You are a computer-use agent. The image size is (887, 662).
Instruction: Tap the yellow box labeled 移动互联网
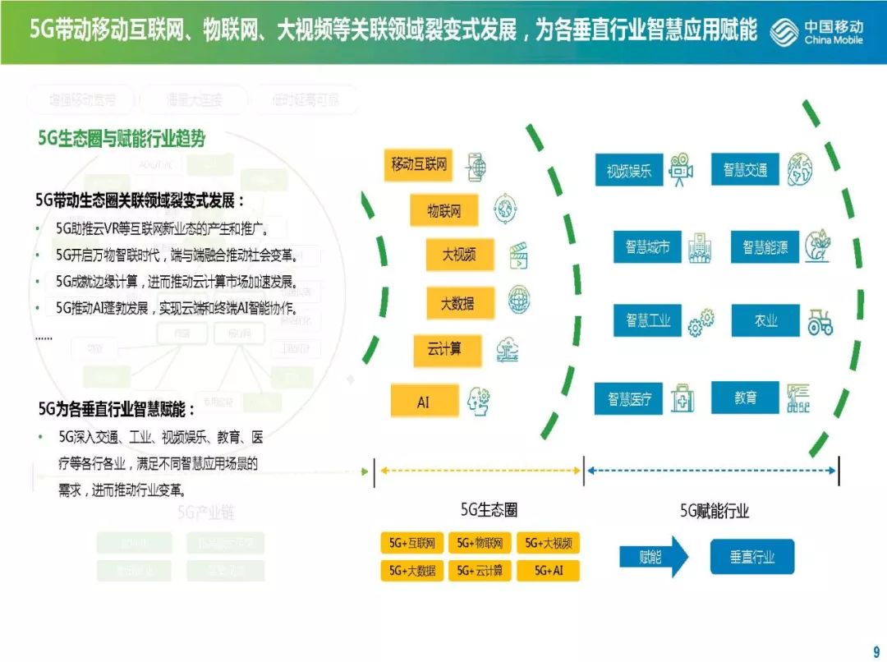[x=419, y=164]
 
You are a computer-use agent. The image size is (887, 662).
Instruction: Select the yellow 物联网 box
[x=444, y=211]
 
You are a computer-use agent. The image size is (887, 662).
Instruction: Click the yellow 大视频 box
[x=460, y=255]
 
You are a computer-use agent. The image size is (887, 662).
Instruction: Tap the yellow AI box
[x=424, y=402]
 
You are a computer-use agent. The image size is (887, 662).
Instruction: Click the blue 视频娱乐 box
[x=629, y=171]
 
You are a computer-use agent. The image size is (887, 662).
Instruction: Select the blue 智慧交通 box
[x=745, y=170]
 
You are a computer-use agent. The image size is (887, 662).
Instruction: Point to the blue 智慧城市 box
[x=647, y=246]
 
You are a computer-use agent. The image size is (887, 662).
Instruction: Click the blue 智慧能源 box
[x=765, y=246]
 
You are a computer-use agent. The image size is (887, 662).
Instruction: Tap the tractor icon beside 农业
[x=820, y=321]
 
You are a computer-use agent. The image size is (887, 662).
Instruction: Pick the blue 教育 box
[x=745, y=398]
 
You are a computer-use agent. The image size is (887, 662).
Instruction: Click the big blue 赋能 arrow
[x=654, y=557]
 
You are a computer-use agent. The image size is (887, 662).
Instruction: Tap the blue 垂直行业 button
[x=752, y=557]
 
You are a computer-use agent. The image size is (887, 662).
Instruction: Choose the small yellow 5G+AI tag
[x=548, y=570]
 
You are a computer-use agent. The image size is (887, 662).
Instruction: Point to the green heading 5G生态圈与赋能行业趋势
[x=122, y=139]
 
